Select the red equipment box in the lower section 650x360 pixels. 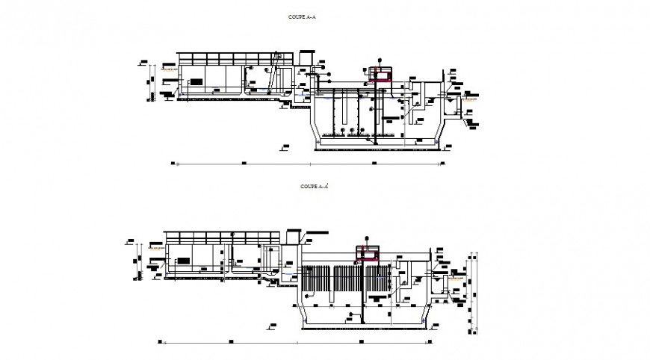click(367, 256)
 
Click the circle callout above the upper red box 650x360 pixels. click(380, 58)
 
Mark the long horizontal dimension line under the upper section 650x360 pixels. click(310, 161)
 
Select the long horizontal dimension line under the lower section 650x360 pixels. click(314, 341)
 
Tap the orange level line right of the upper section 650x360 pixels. click(471, 96)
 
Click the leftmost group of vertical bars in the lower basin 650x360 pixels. click(315, 279)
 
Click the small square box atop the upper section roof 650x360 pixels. click(306, 58)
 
